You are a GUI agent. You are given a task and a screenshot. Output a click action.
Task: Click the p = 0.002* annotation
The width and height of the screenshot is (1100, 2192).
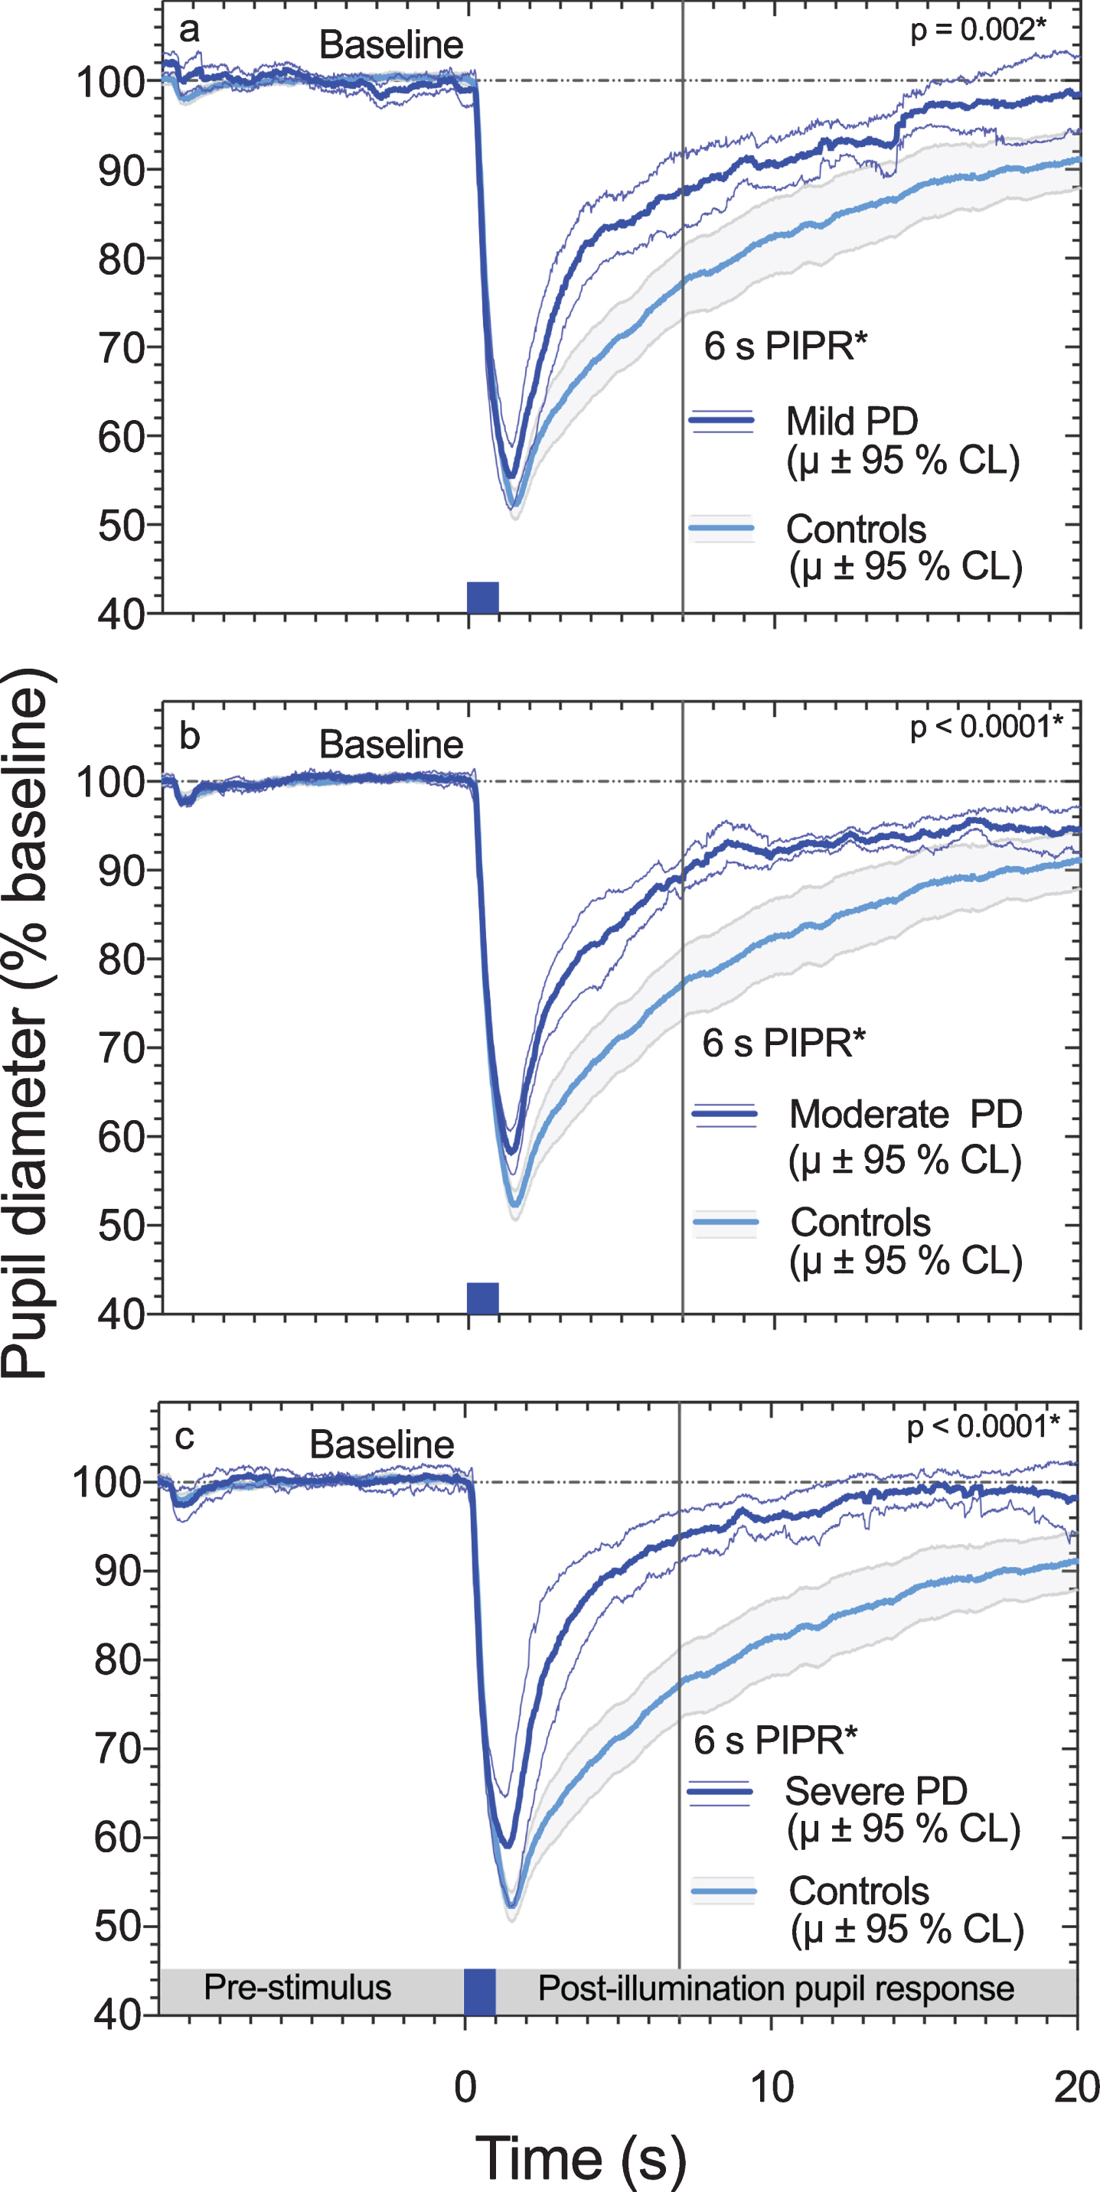[x=978, y=30]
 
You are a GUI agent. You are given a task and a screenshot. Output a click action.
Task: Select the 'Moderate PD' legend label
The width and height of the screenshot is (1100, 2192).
[x=906, y=1114]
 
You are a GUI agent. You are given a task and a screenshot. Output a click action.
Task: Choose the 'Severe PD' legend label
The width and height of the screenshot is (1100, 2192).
[x=876, y=1791]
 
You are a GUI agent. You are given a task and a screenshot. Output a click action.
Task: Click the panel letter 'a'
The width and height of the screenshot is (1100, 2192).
[x=189, y=31]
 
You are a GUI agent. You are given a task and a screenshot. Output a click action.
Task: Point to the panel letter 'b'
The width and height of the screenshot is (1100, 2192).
[x=189, y=736]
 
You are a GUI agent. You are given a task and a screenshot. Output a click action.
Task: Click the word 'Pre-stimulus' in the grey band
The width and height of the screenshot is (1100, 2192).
[x=297, y=1987]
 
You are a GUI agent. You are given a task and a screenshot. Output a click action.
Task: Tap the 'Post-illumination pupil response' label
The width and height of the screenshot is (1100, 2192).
[x=775, y=1988]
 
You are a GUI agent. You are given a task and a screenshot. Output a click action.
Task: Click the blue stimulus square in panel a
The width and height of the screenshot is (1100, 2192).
[x=483, y=598]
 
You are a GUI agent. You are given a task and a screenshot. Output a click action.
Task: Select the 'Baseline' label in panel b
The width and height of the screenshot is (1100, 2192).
[x=392, y=744]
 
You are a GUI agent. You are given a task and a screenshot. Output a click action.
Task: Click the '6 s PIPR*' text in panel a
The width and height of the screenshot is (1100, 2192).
[x=785, y=347]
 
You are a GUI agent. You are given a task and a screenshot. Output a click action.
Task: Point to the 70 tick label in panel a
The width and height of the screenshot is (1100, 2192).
[x=121, y=348]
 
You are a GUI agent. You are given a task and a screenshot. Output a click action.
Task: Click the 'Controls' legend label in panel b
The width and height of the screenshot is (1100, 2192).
[x=860, y=1223]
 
